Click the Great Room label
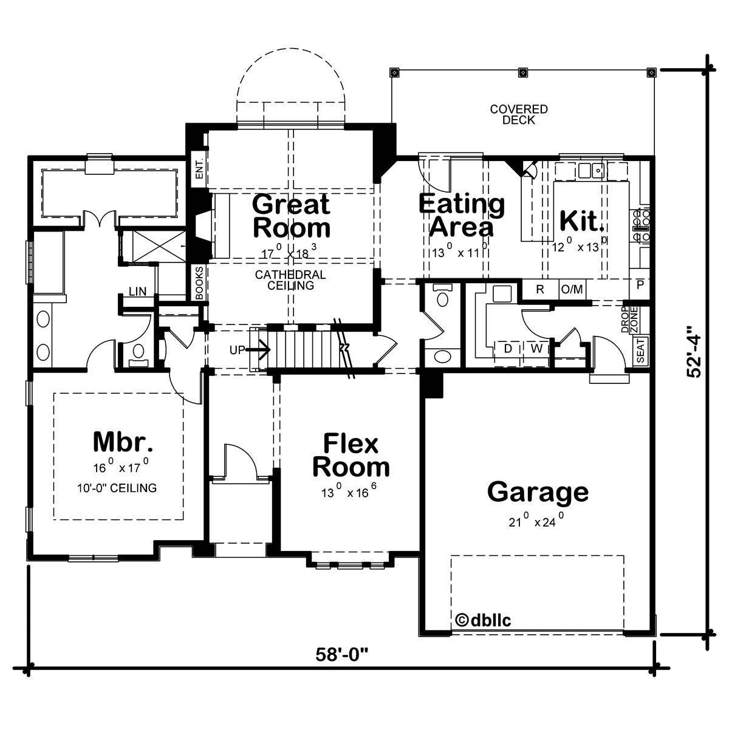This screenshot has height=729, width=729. coord(292,216)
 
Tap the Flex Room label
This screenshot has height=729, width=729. coord(351,456)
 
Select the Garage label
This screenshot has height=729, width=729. coord(538,493)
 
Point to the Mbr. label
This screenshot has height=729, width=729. coord(123,442)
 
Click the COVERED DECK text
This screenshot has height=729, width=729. coord(519,115)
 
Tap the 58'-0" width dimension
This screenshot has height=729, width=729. coord(341,654)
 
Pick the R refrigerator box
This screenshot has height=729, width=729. coord(540,290)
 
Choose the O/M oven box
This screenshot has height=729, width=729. coord(572,290)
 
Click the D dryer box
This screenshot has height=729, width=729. coord(508,348)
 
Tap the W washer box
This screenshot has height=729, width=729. coord(536,348)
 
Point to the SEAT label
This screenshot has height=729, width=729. coord(640,351)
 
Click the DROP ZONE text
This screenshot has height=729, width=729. coord(629,320)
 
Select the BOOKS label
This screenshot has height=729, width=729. coord(199,282)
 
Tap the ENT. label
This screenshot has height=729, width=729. coord(199,169)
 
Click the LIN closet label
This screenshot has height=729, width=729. coord(137,292)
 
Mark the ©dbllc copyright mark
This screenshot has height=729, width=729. coord(483,588)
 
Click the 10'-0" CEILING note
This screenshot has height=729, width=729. coord(117,488)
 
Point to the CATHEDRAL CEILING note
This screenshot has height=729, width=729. coord(290,280)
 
